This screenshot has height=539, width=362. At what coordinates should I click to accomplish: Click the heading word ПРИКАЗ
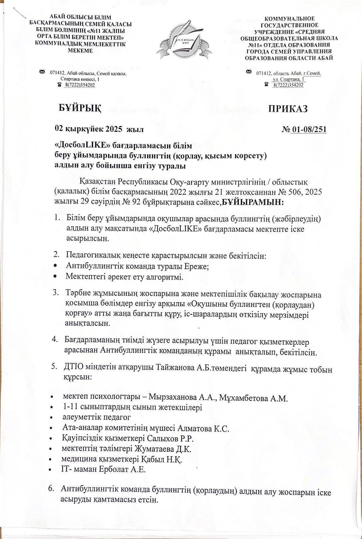288,108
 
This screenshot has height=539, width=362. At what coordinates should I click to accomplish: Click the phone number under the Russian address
288,85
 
